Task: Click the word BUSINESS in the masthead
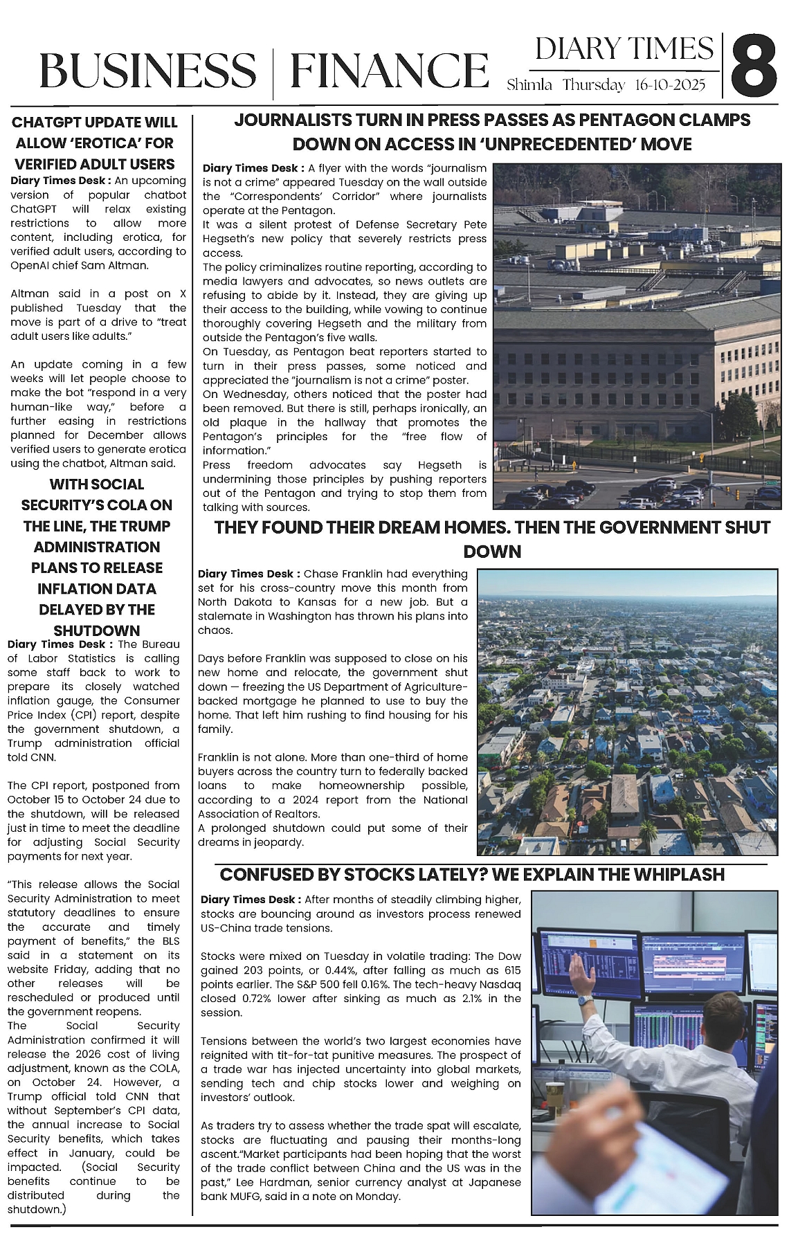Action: click(147, 70)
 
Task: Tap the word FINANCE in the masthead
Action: click(389, 70)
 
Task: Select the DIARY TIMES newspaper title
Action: click(624, 48)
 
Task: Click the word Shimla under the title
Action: click(529, 85)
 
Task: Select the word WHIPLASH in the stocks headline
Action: click(679, 875)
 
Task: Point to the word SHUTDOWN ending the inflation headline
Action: click(97, 630)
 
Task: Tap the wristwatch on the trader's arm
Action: click(586, 1001)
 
